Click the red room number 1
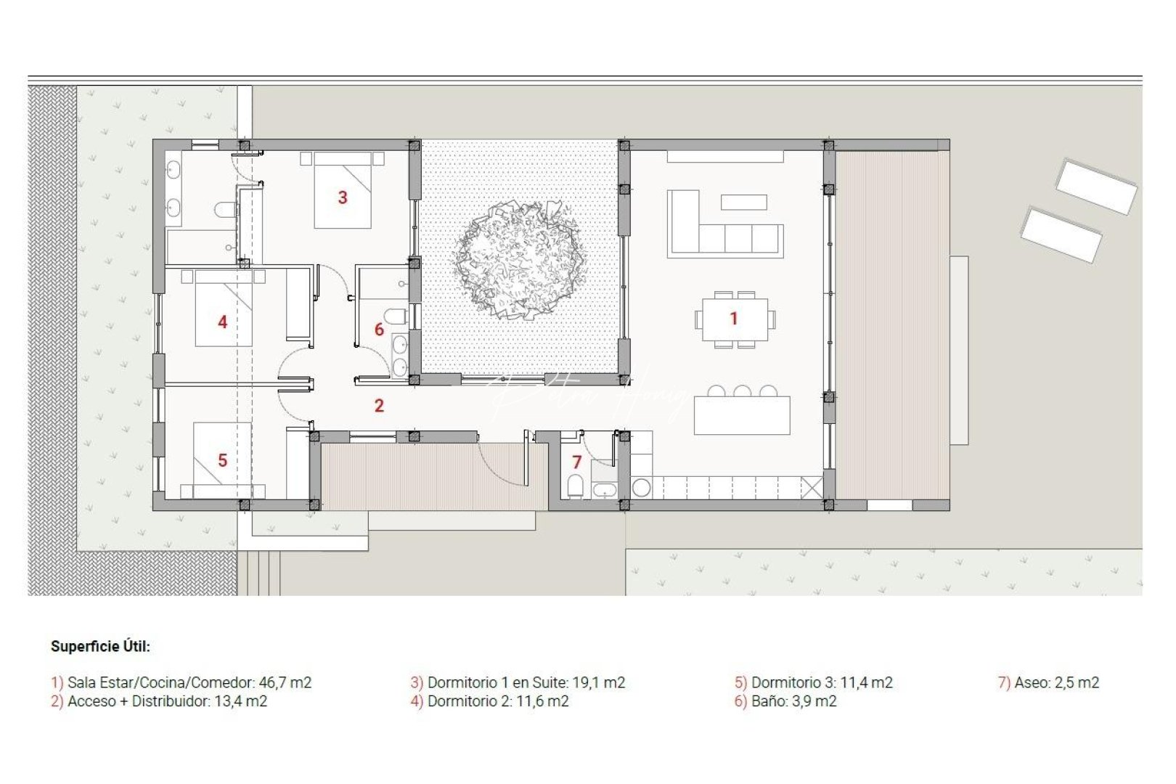coord(733,318)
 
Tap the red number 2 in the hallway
coord(379,406)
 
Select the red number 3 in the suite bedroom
coord(343,197)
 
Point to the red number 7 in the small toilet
coord(577,462)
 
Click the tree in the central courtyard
coord(519,258)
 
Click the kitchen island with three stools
coord(742,415)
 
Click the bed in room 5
coord(222,460)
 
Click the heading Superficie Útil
coord(100,646)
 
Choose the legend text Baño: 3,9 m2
coord(785,701)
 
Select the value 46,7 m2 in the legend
coord(285,682)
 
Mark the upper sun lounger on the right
coord(1096,187)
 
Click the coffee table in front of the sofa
coord(744,202)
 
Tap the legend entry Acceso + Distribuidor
coord(158,701)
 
